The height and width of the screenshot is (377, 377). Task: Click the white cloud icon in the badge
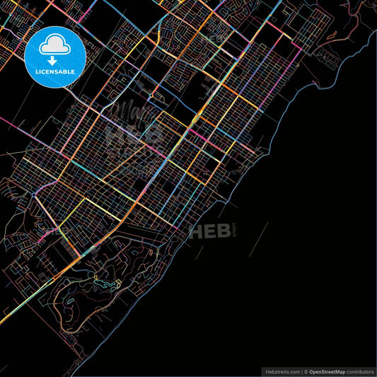(55, 45)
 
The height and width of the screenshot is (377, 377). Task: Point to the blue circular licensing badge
(55, 57)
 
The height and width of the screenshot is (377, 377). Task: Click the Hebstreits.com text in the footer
(282, 371)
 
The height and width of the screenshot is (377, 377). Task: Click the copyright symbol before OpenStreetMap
(306, 371)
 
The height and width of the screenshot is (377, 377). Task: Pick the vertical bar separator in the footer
(301, 371)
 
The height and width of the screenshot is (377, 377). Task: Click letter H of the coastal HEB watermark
(195, 231)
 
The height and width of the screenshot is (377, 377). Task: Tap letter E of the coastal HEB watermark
(209, 231)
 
